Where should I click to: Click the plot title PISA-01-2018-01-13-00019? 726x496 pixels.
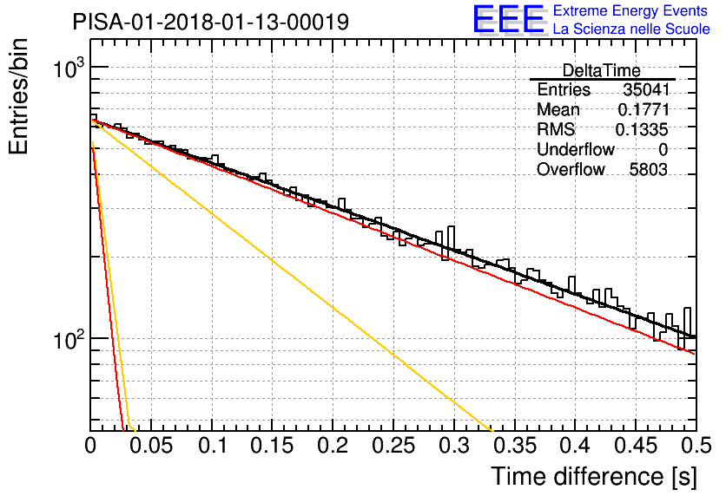click(211, 22)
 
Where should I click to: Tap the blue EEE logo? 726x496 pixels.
click(508, 19)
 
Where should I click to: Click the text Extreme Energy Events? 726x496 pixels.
click(630, 10)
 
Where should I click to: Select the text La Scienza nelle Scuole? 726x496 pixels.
click(631, 29)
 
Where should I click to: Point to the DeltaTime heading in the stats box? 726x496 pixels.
click(602, 70)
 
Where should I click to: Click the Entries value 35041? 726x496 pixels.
click(646, 89)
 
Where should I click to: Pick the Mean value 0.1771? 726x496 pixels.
click(643, 109)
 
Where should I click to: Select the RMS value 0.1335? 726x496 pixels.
click(642, 129)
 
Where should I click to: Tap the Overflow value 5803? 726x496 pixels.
click(648, 170)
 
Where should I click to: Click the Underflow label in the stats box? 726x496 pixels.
click(576, 149)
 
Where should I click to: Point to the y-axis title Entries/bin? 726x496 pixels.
click(18, 96)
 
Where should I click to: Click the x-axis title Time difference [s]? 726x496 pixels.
click(594, 476)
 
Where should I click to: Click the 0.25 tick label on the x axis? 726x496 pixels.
click(393, 446)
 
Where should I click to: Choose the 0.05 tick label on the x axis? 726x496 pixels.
click(150, 446)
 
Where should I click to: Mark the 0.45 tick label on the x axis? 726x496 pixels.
click(636, 446)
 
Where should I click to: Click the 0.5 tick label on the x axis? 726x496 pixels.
click(696, 446)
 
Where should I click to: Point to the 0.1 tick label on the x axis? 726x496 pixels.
click(213, 446)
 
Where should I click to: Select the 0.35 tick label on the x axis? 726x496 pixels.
click(515, 446)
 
